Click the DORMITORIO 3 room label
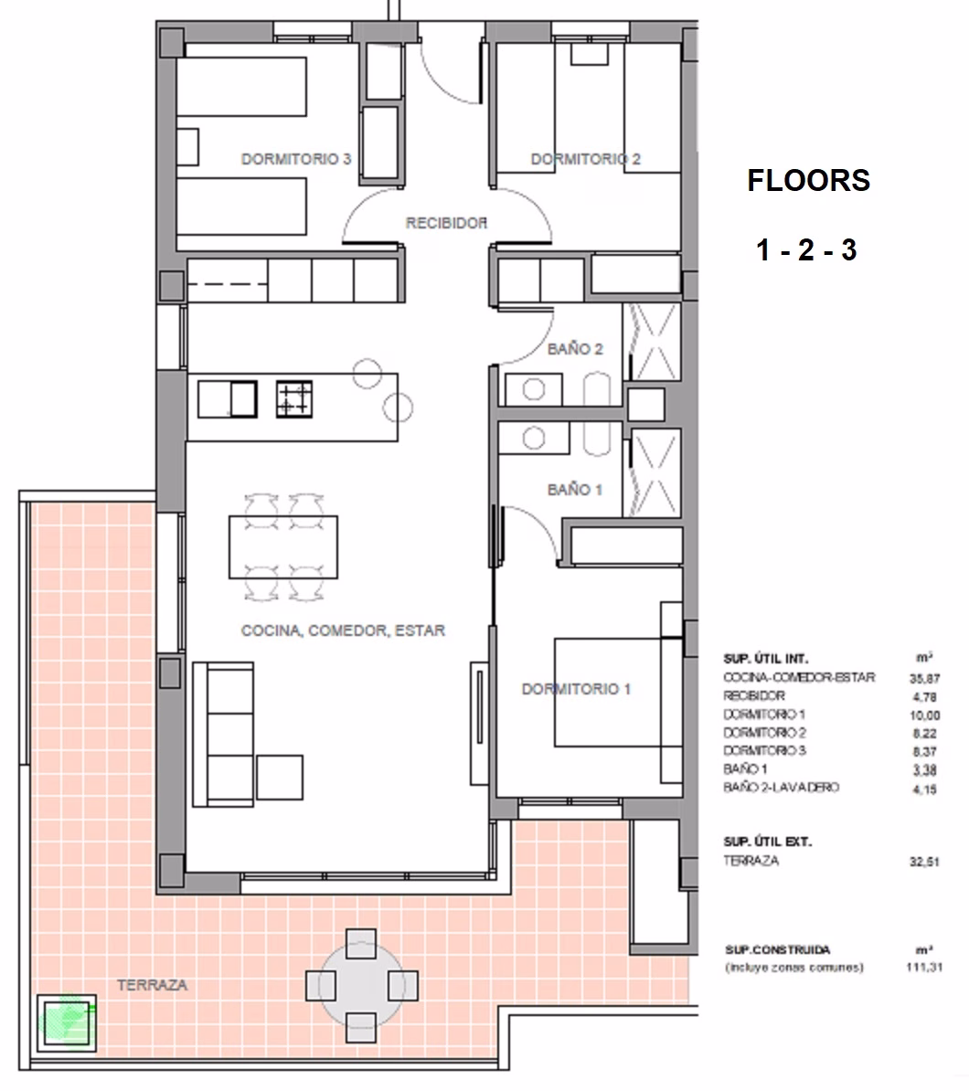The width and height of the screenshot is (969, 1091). point(296,159)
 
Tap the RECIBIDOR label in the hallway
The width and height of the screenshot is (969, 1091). point(446,223)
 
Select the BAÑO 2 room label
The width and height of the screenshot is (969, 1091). point(575,349)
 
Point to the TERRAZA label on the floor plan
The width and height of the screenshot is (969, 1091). point(153,985)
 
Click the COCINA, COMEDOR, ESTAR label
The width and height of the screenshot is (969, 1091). point(343,630)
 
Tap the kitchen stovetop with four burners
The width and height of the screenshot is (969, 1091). point(293,399)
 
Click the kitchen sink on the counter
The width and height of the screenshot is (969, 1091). point(228,399)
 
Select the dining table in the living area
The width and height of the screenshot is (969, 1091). point(283,547)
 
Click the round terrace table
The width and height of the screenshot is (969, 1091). point(361,986)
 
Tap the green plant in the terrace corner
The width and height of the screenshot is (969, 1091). point(66,1020)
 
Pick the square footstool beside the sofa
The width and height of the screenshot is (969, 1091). point(280,778)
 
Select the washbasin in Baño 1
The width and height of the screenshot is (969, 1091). point(534,439)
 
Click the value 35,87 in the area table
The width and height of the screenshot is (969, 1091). point(924,678)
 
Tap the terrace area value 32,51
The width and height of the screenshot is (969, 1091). point(924,862)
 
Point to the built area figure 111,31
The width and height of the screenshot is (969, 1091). point(924,967)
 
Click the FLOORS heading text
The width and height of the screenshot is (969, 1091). point(808,181)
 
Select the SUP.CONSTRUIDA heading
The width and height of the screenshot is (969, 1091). point(778,949)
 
